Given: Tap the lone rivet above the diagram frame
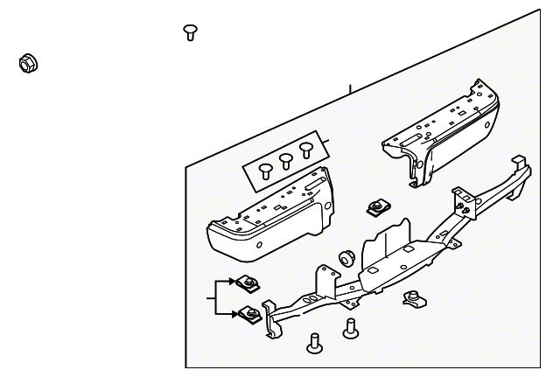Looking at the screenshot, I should tap(189, 32).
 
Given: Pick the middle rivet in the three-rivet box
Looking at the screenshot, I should tap(285, 159).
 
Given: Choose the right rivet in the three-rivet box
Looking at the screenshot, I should tap(305, 149).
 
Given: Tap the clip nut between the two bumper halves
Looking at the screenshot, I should tap(376, 208).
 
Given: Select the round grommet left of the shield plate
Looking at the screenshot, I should tap(346, 258).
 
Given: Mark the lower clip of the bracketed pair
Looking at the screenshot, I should tap(248, 312).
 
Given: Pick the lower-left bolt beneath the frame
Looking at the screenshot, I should tap(312, 343).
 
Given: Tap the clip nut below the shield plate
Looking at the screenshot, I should tap(411, 300).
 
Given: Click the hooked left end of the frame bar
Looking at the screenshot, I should tap(272, 325).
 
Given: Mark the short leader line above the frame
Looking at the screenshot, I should tap(349, 90).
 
